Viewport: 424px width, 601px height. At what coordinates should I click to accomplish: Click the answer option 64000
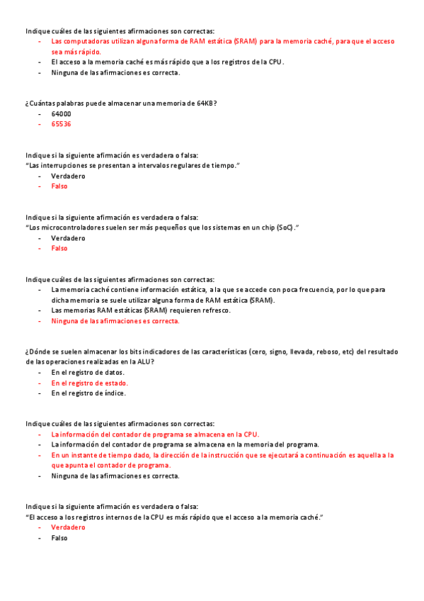61,113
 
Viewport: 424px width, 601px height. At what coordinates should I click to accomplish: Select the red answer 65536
61,124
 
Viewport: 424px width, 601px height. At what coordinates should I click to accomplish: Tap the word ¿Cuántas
40,103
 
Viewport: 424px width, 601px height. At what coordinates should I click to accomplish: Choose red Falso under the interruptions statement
59,186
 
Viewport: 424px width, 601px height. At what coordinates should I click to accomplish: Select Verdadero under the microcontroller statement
68,238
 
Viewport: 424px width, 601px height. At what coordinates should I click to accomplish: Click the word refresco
216,310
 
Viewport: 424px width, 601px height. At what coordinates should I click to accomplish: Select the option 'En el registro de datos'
88,372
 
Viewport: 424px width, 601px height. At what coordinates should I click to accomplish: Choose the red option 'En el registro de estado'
89,383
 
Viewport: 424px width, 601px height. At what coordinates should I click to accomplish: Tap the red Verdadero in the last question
68,527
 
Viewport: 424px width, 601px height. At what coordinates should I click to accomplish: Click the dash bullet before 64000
40,113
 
